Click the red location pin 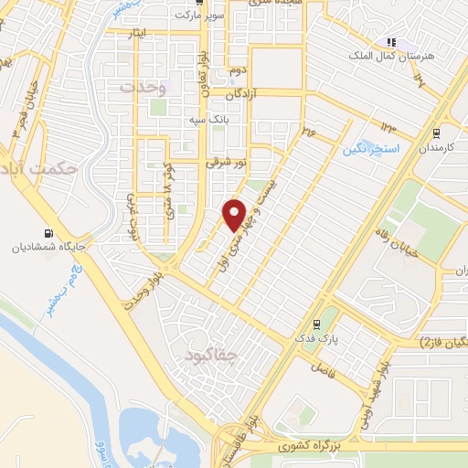coord(235,216)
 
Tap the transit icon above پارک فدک coord(316,324)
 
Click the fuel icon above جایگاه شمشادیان coord(48,233)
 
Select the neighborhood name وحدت coord(144,87)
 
